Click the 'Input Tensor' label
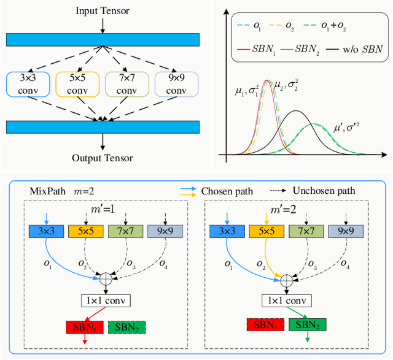pyautogui.click(x=103, y=11)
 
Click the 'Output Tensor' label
pyautogui.click(x=103, y=158)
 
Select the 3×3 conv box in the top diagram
pyautogui.click(x=25, y=84)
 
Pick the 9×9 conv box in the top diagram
pyautogui.click(x=177, y=84)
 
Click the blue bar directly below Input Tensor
pyautogui.click(x=103, y=39)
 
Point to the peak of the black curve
pyautogui.click(x=296, y=112)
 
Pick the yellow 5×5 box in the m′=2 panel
pyautogui.click(x=265, y=231)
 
